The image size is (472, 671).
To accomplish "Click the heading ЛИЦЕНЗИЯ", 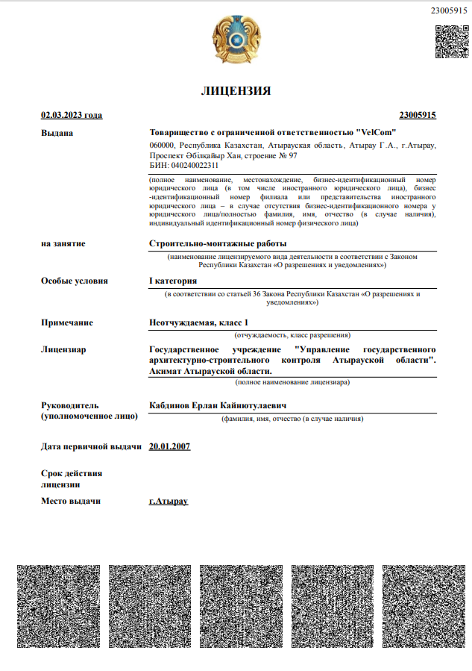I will pos(236,91).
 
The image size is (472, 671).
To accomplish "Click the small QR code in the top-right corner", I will pos(451,42).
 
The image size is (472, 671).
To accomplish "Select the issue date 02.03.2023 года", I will pos(72,115).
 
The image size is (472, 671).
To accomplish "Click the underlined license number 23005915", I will pos(418,115).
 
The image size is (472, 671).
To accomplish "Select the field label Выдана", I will pos(57,133).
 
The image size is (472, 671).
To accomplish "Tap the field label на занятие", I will pos(63,243).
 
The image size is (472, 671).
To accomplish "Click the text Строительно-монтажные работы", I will pos(218,243).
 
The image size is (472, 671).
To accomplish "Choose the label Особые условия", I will pos(75,281).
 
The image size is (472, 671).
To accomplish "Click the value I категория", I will pos(173,281).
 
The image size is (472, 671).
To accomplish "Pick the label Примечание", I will pos(67,322).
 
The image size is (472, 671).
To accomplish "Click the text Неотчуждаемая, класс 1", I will pos(198,322).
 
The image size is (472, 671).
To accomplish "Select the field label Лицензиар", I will pos(63,349).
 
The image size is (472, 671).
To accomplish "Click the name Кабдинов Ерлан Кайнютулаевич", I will pos(218,405).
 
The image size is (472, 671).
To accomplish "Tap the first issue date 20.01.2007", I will pos(170,446).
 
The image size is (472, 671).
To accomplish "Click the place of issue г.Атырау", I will pos(169,501).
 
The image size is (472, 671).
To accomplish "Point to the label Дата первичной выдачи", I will pos(91,446).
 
